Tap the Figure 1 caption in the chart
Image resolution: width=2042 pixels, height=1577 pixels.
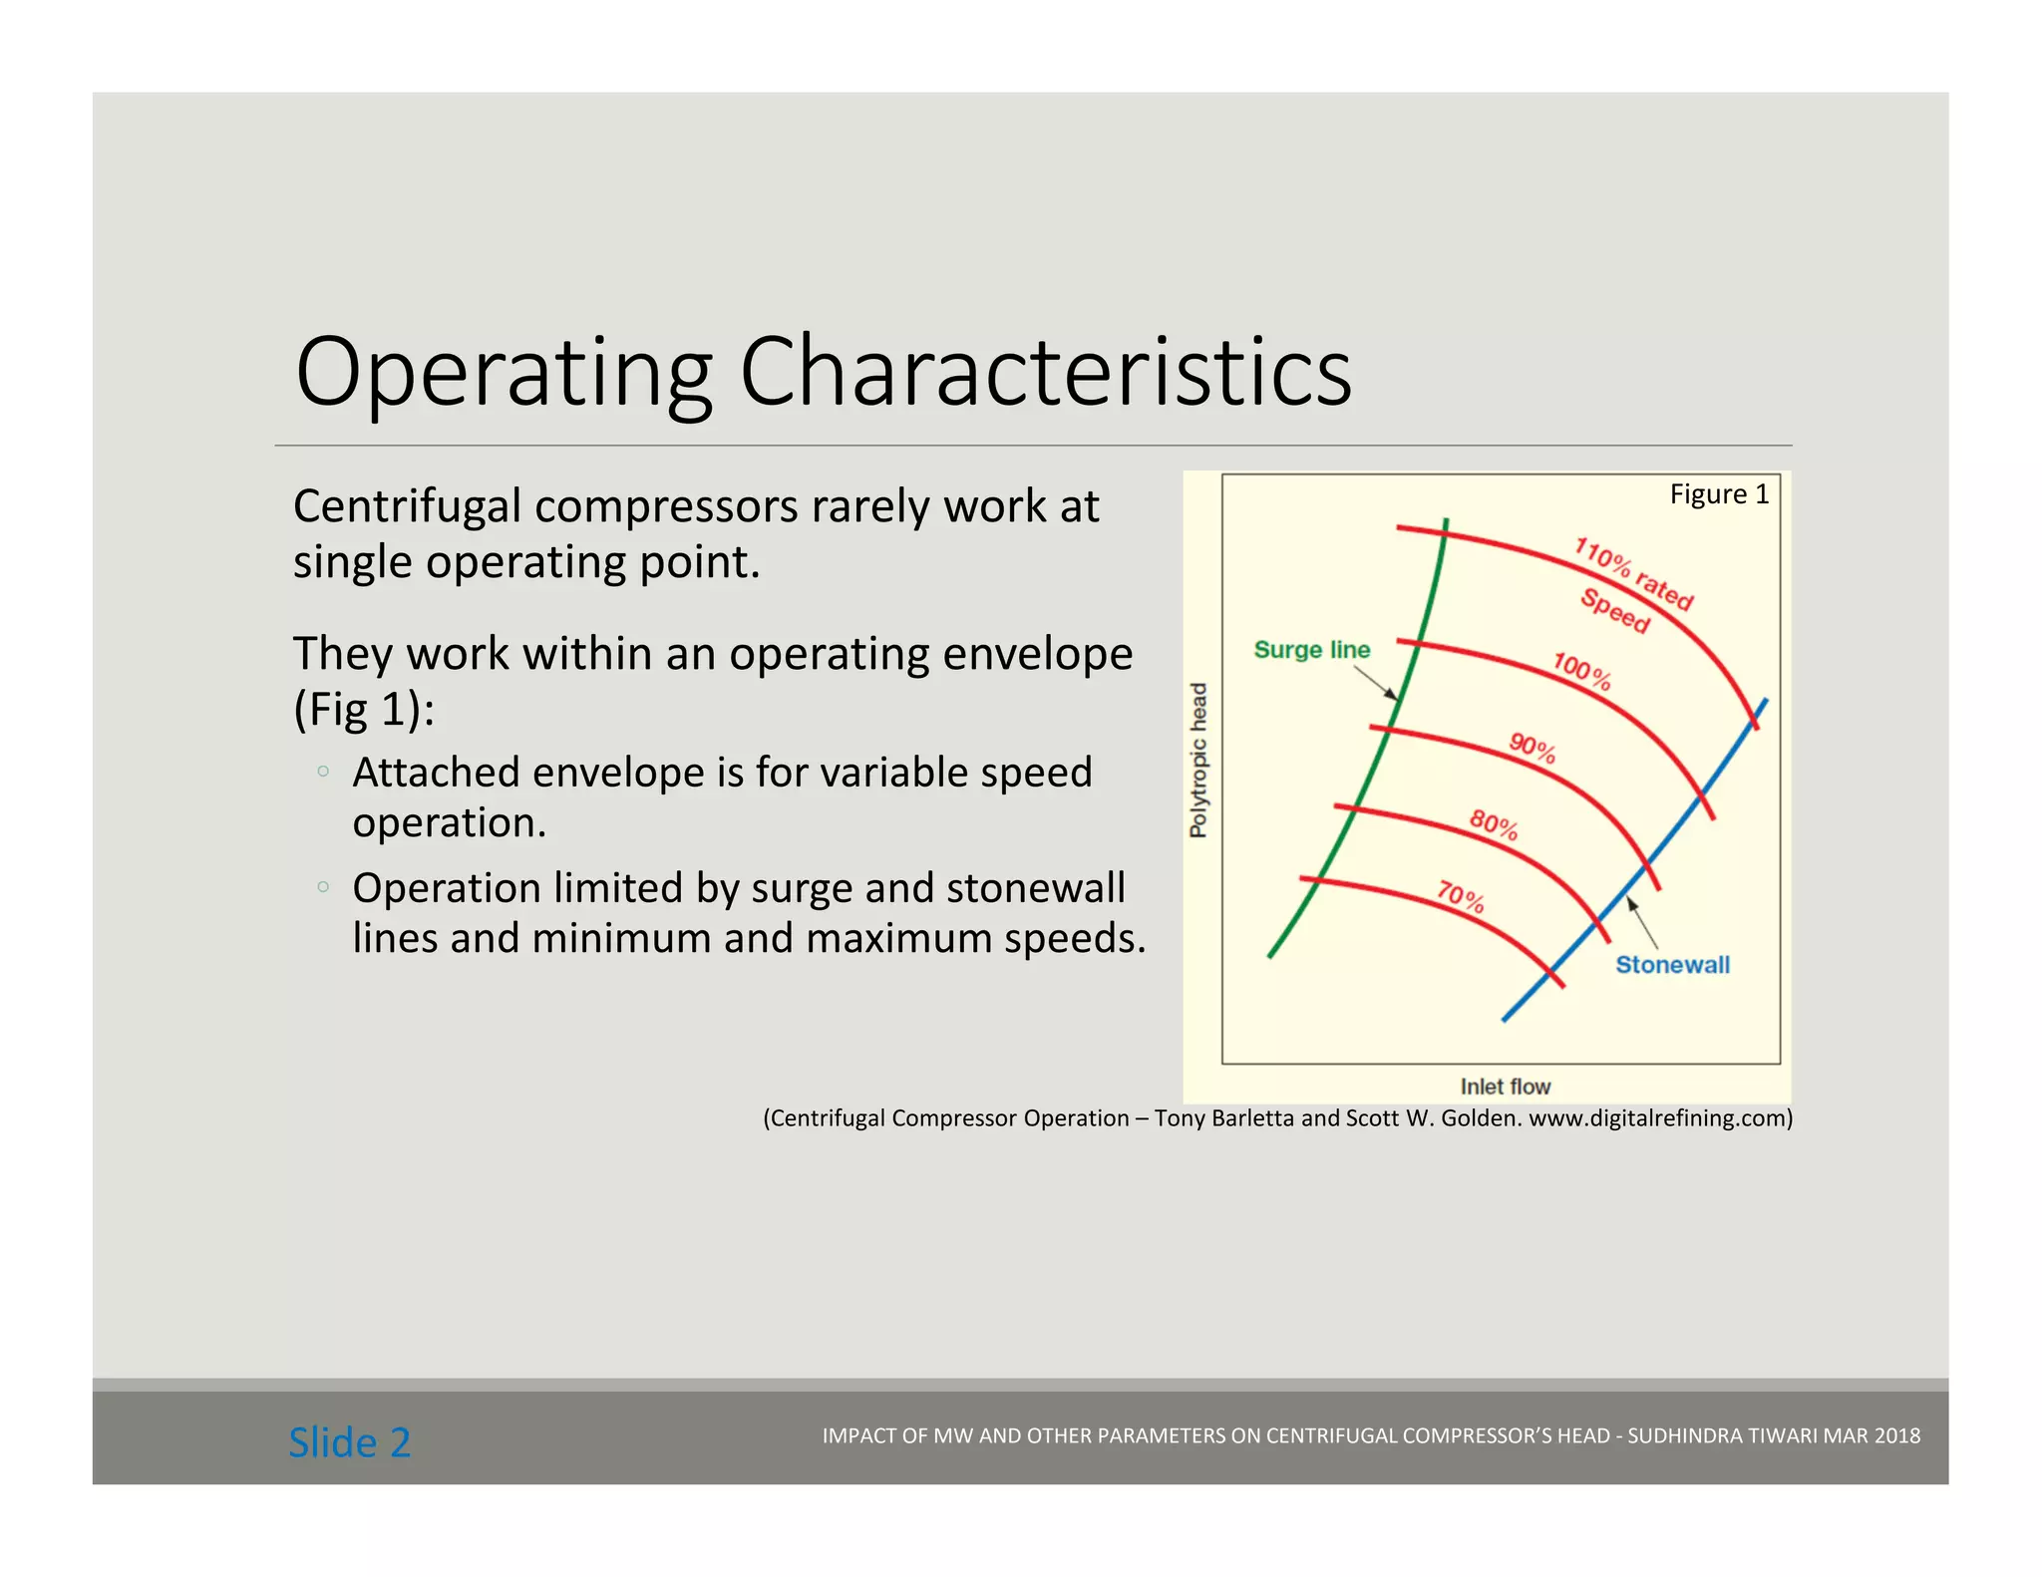pyautogui.click(x=1719, y=494)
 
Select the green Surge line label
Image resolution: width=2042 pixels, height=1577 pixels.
pyautogui.click(x=1311, y=650)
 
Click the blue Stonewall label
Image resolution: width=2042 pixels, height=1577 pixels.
pyautogui.click(x=1672, y=965)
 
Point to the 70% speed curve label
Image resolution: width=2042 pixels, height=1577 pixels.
pyautogui.click(x=1461, y=896)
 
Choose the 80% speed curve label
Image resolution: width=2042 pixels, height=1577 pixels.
pyautogui.click(x=1494, y=824)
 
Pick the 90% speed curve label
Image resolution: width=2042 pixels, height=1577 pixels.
pyautogui.click(x=1531, y=747)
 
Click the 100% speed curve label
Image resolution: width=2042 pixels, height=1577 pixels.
pyautogui.click(x=1581, y=671)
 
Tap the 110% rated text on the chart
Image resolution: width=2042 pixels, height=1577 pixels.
pyautogui.click(x=1633, y=573)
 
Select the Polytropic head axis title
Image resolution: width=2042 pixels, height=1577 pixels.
pyautogui.click(x=1198, y=760)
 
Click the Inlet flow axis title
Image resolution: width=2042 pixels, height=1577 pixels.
pyautogui.click(x=1505, y=1087)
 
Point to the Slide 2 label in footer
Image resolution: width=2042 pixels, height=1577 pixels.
pyautogui.click(x=349, y=1442)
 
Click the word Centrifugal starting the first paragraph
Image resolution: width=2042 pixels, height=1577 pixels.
pyautogui.click(x=407, y=506)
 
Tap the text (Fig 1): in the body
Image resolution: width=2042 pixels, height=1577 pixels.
pyautogui.click(x=364, y=710)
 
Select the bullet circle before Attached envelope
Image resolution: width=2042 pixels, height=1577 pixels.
pyautogui.click(x=322, y=771)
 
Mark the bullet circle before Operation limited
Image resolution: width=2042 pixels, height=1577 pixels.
pyautogui.click(x=322, y=886)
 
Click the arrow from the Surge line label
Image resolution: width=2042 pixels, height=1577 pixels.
pyautogui.click(x=1376, y=683)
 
